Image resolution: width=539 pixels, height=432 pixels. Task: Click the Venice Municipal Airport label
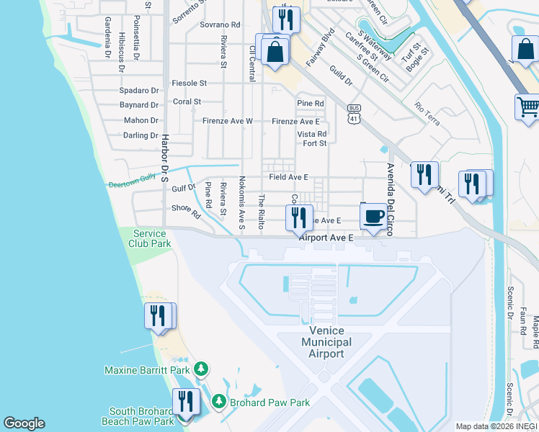click(x=326, y=342)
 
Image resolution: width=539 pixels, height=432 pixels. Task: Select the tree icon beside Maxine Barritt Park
click(x=202, y=370)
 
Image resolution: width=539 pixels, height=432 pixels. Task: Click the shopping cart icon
click(x=528, y=107)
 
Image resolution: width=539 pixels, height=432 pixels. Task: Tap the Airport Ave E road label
click(x=326, y=237)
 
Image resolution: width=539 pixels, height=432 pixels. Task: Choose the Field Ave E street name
click(x=288, y=177)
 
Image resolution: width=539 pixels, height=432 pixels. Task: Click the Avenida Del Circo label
click(x=391, y=194)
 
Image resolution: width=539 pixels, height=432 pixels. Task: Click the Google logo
click(x=24, y=423)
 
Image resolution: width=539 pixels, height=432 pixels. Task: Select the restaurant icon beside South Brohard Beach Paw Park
click(x=186, y=401)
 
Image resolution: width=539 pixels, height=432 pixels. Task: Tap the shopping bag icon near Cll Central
click(x=275, y=52)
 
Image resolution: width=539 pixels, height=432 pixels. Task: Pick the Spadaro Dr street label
click(x=139, y=91)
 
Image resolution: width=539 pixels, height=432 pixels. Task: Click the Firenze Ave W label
click(x=227, y=121)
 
